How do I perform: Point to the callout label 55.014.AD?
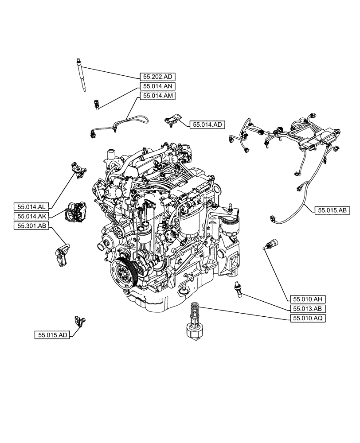pyautogui.click(x=207, y=125)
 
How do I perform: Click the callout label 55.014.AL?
pyautogui.click(x=32, y=207)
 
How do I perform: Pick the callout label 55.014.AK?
pyautogui.click(x=32, y=216)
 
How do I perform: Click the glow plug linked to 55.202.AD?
pyautogui.click(x=81, y=74)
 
